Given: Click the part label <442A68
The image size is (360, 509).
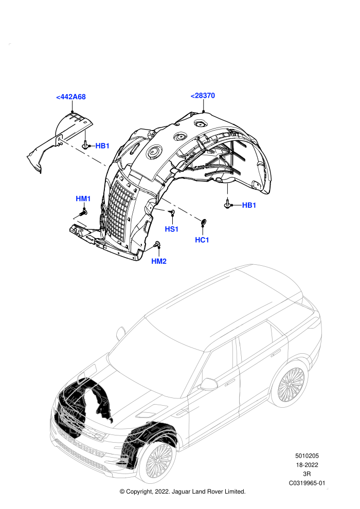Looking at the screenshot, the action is point(71,97).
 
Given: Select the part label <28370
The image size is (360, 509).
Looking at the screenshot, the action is point(203,96).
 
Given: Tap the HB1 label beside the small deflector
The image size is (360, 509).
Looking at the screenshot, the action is point(102,146).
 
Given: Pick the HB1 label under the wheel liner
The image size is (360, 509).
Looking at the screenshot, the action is point(249,205).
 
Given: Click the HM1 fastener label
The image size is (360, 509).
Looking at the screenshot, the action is point(83,198).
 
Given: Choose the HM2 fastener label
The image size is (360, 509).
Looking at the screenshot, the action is point(159,261).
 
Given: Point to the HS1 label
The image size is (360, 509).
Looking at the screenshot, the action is point(172,229).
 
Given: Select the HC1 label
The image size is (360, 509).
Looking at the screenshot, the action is point(202,240).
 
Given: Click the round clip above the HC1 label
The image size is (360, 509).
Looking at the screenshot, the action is point(204,222).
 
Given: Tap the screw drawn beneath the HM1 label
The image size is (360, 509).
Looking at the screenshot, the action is point(83,213).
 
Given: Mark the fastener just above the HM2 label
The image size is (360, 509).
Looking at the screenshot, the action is point(158,244).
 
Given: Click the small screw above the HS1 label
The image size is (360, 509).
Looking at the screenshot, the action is point(172,212).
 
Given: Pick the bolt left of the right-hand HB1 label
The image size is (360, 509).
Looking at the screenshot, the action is point(228,204).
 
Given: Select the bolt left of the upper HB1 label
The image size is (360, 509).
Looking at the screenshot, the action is point(86,145).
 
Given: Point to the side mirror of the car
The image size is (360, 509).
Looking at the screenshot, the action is point(209,384).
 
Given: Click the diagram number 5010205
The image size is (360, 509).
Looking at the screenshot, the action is point(307,456).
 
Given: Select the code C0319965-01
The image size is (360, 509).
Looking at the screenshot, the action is point(307,483).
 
